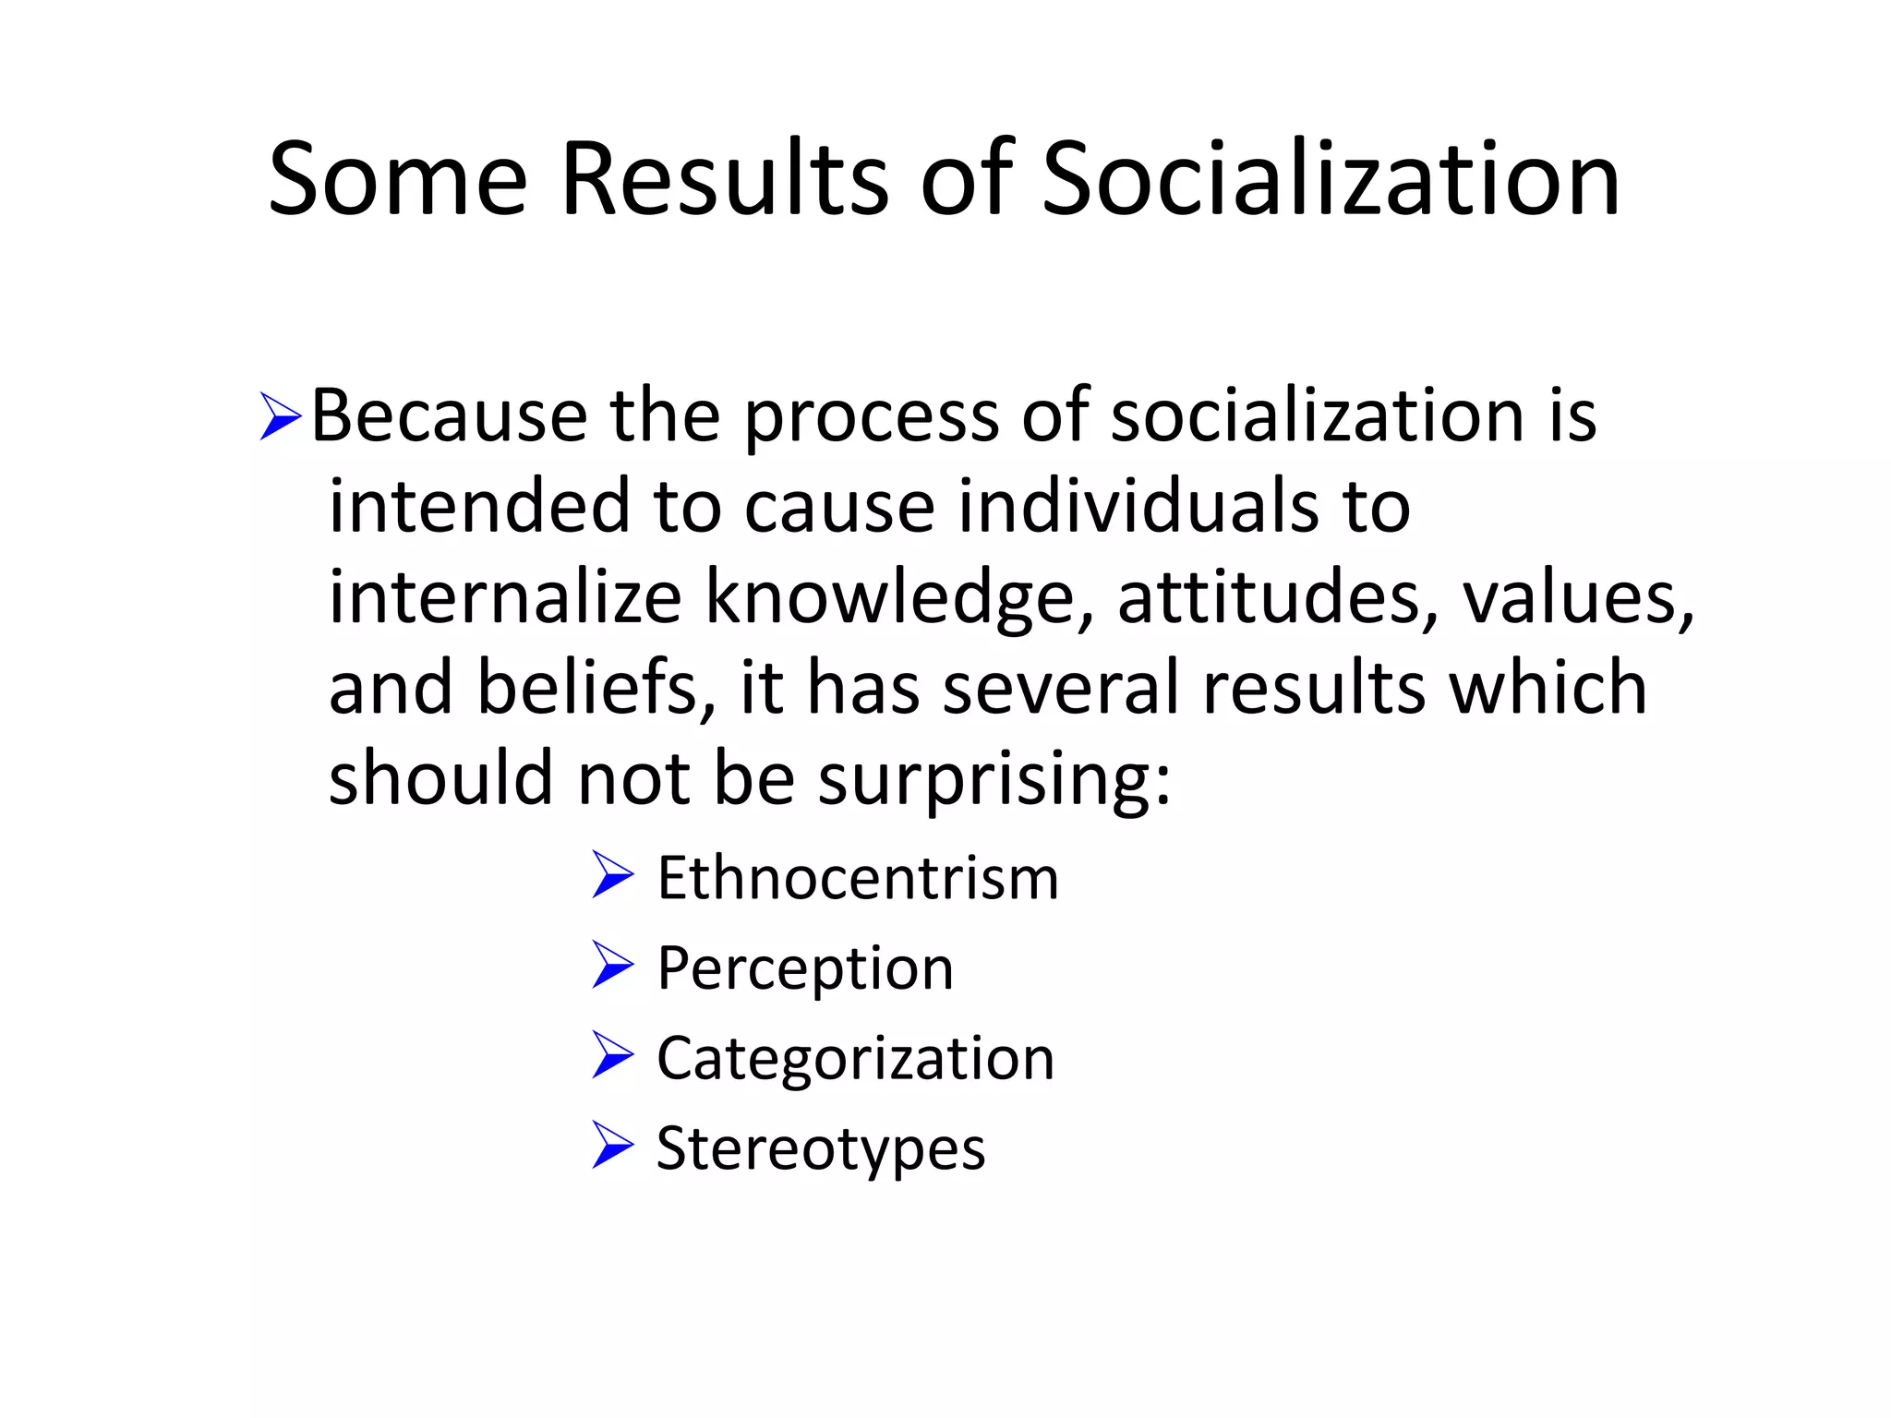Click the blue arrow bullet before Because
point(280,416)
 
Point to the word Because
point(449,416)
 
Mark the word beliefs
point(596,688)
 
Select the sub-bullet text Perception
point(805,970)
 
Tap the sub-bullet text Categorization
point(855,1059)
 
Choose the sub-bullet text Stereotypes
point(821,1149)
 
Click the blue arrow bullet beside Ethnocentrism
point(612,874)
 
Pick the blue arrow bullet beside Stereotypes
point(612,1146)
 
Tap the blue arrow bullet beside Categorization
point(612,1055)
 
